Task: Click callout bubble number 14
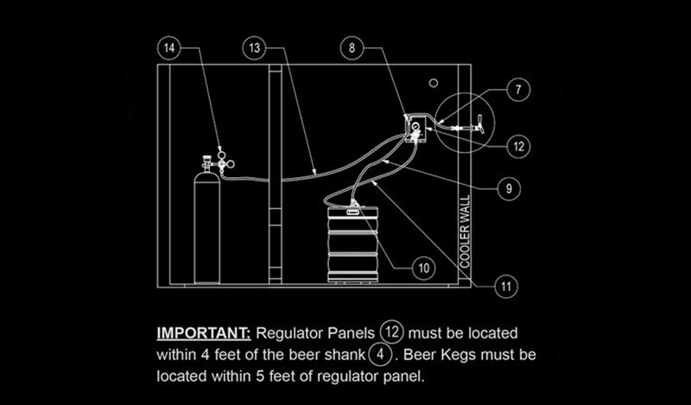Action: [x=171, y=48]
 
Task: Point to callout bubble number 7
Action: [x=518, y=89]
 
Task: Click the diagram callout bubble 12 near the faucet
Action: [x=518, y=146]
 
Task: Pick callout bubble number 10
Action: [x=422, y=269]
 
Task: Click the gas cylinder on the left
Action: [x=206, y=229]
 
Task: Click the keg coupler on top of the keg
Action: [x=352, y=206]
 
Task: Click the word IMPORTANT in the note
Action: [x=203, y=332]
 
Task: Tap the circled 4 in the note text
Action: [x=377, y=354]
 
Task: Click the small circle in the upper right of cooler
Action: [x=434, y=83]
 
